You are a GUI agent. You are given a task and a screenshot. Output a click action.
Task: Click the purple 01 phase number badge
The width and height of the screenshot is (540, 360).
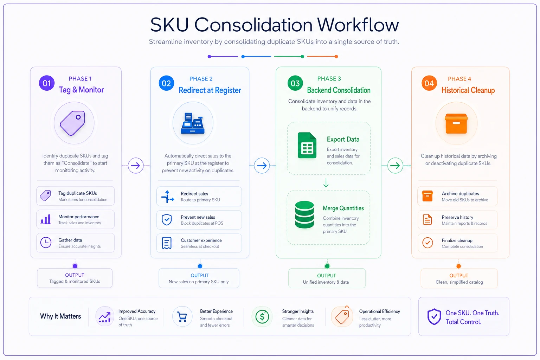[46, 83]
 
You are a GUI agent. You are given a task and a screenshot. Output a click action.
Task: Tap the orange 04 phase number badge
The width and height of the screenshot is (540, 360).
[429, 83]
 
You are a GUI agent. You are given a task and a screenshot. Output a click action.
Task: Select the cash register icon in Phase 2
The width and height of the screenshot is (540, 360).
[193, 123]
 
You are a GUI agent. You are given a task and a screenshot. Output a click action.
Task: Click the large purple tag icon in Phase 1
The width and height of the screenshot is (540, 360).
[72, 123]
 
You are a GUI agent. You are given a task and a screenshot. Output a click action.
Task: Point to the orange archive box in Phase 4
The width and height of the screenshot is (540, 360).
[456, 123]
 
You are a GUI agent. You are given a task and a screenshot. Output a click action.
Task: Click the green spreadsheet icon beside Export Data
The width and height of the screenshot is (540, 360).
[307, 145]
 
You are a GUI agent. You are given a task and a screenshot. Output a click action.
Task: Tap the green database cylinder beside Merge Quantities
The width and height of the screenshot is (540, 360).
[304, 214]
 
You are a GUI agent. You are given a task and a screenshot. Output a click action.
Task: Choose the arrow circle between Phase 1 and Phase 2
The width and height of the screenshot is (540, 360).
[135, 166]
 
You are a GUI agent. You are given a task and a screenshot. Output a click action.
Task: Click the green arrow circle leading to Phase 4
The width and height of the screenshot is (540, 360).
[395, 166]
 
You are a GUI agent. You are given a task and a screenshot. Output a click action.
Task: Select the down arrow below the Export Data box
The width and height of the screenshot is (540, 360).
[326, 183]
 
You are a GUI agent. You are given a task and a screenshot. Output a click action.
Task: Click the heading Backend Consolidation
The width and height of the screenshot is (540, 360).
[339, 90]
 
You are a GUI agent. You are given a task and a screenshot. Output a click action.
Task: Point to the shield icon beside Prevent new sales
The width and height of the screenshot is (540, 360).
[167, 220]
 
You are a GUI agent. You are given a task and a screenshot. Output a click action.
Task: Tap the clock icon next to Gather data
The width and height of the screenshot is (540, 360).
[46, 243]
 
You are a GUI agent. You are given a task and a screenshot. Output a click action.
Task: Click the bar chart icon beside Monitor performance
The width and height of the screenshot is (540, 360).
[46, 219]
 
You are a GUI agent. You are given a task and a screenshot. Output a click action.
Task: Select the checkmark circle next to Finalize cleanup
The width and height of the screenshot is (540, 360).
[427, 243]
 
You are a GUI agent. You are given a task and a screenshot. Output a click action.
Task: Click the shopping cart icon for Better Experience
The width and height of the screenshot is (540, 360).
[182, 317]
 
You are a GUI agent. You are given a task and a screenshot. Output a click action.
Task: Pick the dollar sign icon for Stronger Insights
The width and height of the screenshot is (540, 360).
[262, 317]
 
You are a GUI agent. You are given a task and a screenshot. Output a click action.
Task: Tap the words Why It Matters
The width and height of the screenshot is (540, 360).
[60, 316]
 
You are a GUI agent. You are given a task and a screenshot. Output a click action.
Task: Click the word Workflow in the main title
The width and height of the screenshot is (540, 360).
[358, 25]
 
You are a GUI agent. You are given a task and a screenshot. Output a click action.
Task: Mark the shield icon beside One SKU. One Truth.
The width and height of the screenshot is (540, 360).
[434, 317]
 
